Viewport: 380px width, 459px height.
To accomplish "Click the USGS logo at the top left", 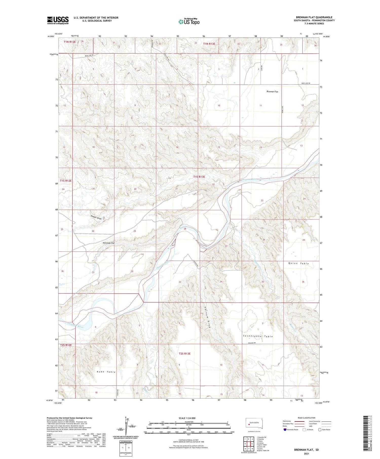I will pos(58,20).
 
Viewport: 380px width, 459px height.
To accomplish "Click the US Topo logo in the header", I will pos(189,22).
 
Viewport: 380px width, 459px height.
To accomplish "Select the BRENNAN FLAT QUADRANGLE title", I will pos(314,17).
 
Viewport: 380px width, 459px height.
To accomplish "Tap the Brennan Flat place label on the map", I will pos(272,92).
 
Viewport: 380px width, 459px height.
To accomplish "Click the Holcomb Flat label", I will pos(109,243).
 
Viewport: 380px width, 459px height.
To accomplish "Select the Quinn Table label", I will pos(299,264).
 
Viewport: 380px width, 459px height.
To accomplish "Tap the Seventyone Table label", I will pos(258,336).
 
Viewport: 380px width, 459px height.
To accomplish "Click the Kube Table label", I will pos(106,372).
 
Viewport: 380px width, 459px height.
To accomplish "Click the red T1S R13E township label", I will pos(199,177).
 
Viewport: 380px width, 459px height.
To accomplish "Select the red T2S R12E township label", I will pos(66,345).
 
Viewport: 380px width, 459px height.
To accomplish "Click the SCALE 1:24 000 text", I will pos(187,418).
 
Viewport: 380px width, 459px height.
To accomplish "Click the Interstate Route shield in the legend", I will pos(285,430).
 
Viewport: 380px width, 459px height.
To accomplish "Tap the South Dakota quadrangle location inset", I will pos(254,424).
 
